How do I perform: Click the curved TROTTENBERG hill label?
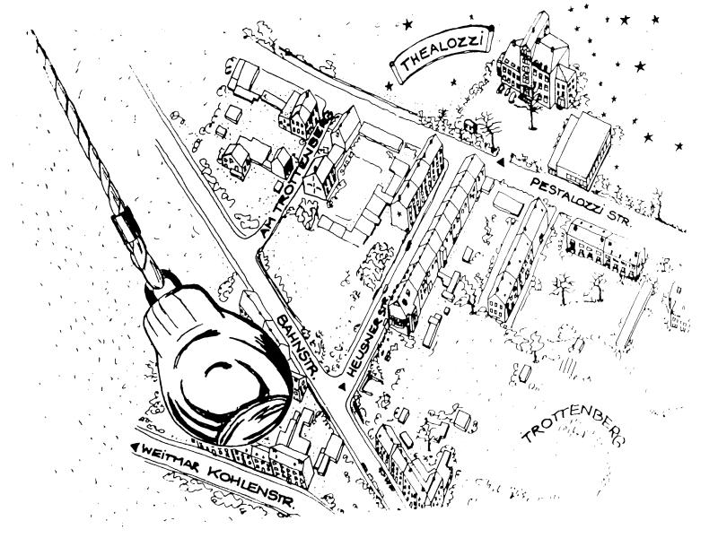pos(574,430)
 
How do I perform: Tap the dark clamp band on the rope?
pos(125,222)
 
